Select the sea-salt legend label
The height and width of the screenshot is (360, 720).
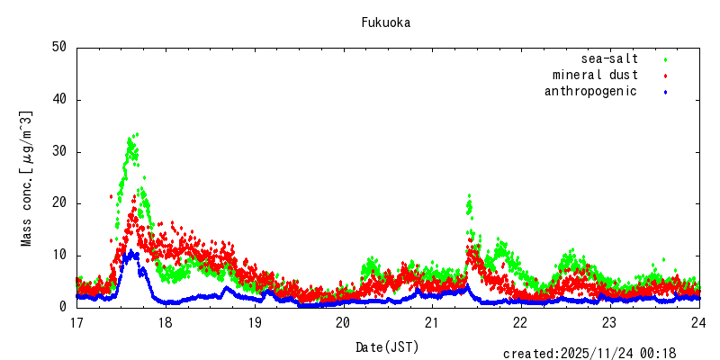(609, 59)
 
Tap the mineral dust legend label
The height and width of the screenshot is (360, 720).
(595, 75)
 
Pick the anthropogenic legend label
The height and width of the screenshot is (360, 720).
(590, 91)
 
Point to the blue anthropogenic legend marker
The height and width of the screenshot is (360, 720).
(665, 92)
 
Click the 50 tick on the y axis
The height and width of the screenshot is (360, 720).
(60, 47)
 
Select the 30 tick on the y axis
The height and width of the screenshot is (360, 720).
(60, 151)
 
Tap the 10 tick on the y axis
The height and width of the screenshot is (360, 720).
(60, 255)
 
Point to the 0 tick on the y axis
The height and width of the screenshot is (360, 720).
(64, 307)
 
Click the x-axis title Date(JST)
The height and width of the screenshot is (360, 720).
(387, 346)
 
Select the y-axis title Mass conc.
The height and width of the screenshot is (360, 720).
(27, 178)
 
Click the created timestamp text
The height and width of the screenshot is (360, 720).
(590, 354)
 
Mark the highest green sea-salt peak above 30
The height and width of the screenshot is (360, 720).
(135, 135)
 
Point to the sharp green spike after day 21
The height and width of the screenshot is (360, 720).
(469, 196)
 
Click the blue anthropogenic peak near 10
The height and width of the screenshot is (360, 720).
(133, 253)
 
